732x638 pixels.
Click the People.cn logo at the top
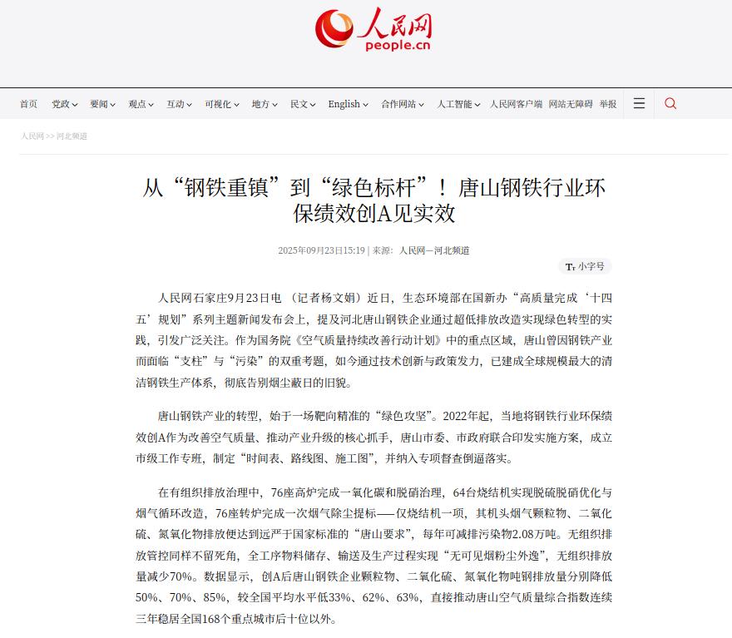373,30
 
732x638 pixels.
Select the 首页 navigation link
28,104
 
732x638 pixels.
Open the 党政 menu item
64,104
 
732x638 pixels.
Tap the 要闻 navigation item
102,104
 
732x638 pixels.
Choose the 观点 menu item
141,104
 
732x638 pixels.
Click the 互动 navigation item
179,104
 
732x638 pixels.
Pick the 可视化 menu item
221,104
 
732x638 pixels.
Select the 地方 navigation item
265,104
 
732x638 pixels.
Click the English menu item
348,104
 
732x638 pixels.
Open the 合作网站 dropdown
403,104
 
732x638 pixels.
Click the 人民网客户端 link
516,104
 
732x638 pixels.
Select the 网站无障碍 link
571,104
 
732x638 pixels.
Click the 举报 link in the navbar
608,104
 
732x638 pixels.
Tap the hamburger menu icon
639,103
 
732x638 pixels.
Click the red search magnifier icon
670,103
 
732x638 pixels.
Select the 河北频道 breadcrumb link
72,136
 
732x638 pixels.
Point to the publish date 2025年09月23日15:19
322,250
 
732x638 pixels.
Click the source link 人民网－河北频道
434,250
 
